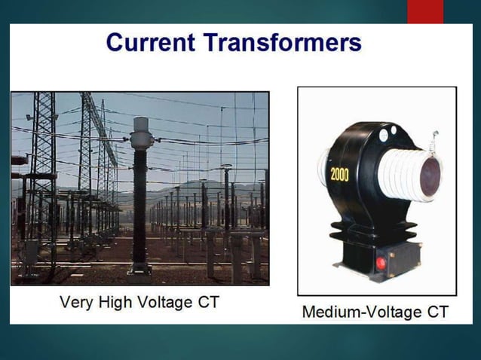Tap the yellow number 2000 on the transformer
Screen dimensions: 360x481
pyautogui.click(x=340, y=175)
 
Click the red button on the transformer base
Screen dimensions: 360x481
pyautogui.click(x=381, y=263)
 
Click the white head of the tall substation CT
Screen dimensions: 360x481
pyautogui.click(x=141, y=133)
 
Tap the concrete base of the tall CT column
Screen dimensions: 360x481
pyautogui.click(x=139, y=267)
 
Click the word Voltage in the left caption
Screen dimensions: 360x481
pyautogui.click(x=164, y=303)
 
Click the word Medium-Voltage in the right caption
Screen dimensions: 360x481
pyautogui.click(x=357, y=311)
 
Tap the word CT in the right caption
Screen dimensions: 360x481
pyautogui.click(x=435, y=311)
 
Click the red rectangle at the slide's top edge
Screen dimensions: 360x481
pyautogui.click(x=425, y=11)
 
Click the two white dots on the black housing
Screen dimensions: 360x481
pyautogui.click(x=388, y=133)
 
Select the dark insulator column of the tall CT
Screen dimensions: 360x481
pyautogui.click(x=140, y=203)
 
